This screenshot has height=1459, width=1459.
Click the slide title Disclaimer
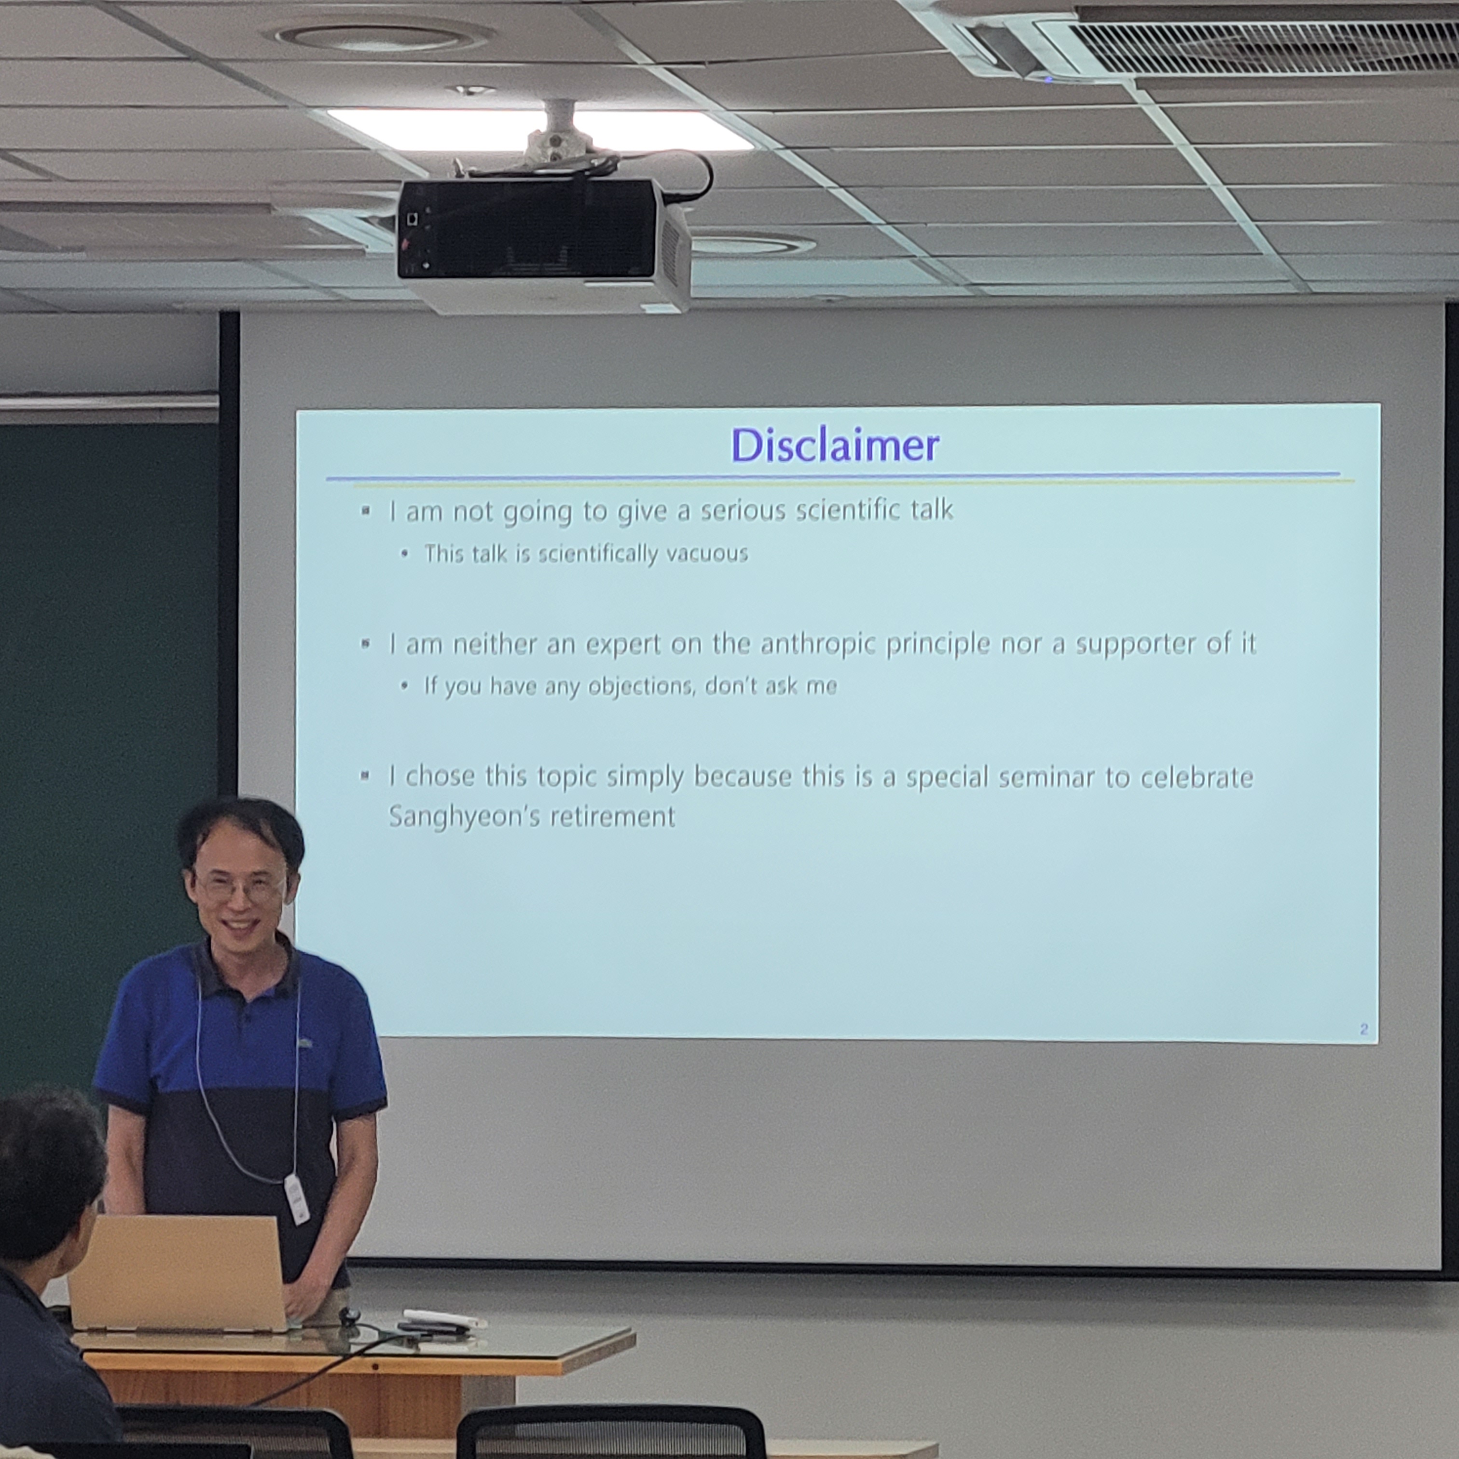tap(835, 445)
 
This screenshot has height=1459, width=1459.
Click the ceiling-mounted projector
tap(544, 242)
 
